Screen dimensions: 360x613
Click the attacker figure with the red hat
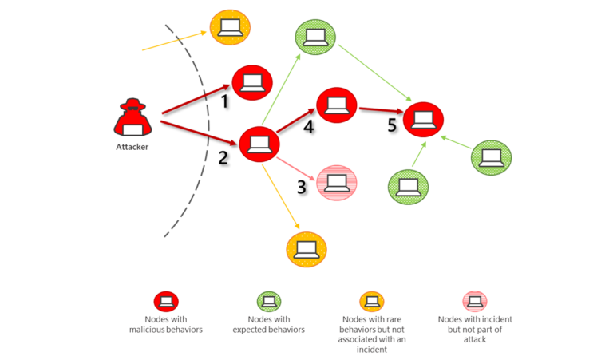(130, 120)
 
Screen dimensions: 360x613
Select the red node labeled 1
(252, 81)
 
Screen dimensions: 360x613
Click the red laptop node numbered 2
(259, 145)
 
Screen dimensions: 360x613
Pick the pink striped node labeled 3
(337, 182)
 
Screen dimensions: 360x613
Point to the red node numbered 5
(423, 120)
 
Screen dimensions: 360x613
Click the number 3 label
(302, 188)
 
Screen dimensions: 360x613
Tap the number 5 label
(391, 125)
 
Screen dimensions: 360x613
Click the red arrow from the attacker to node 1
(195, 100)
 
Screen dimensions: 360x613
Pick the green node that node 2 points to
(314, 37)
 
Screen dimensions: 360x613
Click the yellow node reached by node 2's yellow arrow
(306, 250)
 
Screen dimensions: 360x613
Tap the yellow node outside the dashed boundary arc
(230, 29)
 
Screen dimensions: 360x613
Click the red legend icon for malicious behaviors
(166, 301)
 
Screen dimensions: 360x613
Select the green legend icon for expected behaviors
(269, 301)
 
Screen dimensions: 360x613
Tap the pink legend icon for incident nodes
(475, 301)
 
